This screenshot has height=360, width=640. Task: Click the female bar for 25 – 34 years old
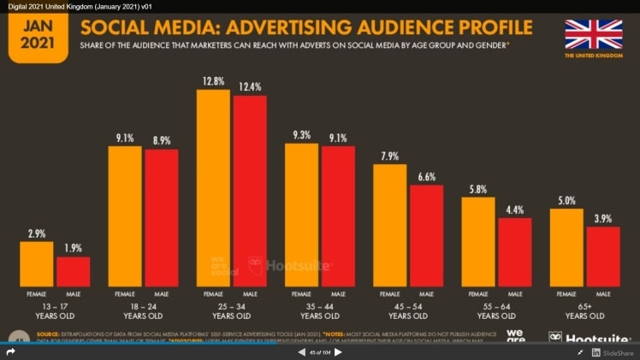pyautogui.click(x=213, y=187)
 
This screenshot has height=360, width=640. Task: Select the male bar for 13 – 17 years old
pyautogui.click(x=74, y=271)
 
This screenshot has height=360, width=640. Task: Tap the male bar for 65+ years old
pyautogui.click(x=603, y=256)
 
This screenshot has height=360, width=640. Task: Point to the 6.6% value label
pyautogui.click(x=426, y=177)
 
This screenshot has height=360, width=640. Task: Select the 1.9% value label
pyautogui.click(x=74, y=249)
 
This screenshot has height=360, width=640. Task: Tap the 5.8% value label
pyautogui.click(x=477, y=189)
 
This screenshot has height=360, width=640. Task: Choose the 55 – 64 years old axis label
pyautogui.click(x=496, y=309)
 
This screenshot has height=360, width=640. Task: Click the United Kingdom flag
pyautogui.click(x=593, y=34)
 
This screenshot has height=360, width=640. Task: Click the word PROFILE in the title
pyautogui.click(x=480, y=28)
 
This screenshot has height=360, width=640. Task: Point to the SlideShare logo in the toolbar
pyautogui.click(x=613, y=352)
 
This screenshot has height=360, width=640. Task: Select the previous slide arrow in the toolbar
pyautogui.click(x=301, y=352)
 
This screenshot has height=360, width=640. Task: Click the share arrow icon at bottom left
pyautogui.click(x=11, y=352)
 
